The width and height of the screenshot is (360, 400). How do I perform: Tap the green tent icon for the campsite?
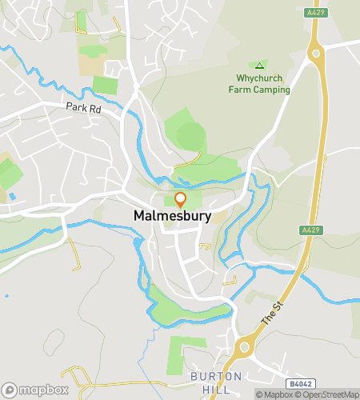click(x=258, y=66)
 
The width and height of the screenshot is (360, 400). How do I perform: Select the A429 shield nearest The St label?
click(x=313, y=230)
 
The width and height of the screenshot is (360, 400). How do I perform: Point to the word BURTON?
click(x=210, y=376)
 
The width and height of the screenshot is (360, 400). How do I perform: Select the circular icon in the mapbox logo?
click(x=11, y=389)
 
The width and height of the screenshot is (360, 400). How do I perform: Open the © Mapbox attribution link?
click(x=274, y=394)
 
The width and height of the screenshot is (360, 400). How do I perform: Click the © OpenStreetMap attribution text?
click(x=326, y=394)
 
